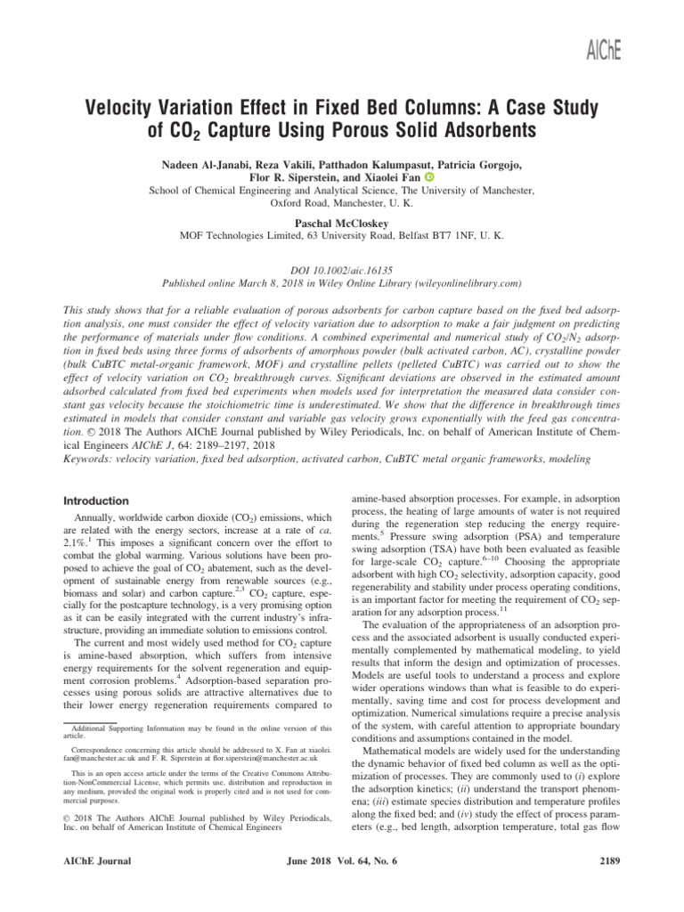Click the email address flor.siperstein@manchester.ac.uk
[x=259, y=758]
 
